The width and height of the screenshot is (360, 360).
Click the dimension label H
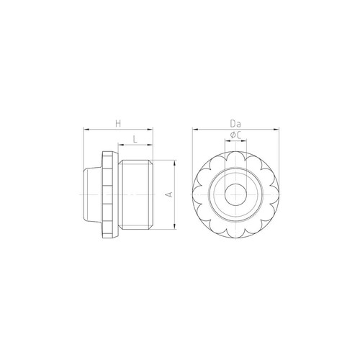(x=118, y=124)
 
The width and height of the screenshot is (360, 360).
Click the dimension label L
(x=135, y=139)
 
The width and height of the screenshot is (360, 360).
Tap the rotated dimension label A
(x=169, y=194)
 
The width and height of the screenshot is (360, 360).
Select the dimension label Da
(x=235, y=124)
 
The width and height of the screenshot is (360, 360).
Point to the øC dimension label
(x=235, y=135)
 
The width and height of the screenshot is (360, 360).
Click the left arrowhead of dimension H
(x=86, y=130)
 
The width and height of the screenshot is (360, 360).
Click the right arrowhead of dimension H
(x=150, y=130)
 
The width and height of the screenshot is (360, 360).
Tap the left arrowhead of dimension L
(x=121, y=145)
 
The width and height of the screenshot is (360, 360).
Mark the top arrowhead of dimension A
(x=175, y=163)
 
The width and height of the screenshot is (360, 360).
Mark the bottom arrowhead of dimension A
(x=175, y=226)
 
